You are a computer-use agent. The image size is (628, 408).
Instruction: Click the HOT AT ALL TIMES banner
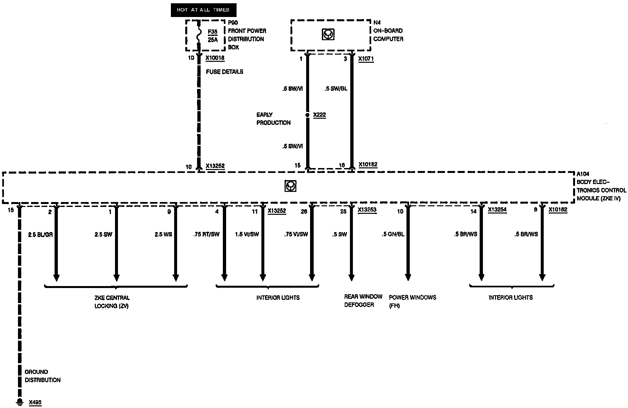203,10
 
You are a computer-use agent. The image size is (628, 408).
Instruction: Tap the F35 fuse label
212,32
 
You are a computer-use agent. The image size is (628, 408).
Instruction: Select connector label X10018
215,58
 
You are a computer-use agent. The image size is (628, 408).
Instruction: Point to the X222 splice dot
307,115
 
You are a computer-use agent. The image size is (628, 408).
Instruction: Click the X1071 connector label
366,59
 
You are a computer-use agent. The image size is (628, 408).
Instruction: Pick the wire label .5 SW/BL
336,89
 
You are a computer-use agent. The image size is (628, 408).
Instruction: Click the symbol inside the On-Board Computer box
328,34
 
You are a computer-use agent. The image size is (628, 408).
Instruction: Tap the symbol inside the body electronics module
290,186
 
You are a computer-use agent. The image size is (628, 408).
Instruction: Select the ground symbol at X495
20,401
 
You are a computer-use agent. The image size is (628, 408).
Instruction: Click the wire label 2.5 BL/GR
41,234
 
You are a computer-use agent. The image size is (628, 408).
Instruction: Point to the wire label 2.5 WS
163,234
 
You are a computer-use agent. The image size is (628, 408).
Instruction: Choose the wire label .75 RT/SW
207,234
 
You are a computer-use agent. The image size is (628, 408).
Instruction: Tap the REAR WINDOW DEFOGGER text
363,300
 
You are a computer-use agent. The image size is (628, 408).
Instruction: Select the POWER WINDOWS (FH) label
412,301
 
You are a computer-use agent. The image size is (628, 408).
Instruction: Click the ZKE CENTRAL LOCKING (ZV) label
112,302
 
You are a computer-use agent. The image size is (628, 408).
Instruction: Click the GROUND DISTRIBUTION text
42,376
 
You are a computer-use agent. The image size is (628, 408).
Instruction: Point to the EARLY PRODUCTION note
273,119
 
